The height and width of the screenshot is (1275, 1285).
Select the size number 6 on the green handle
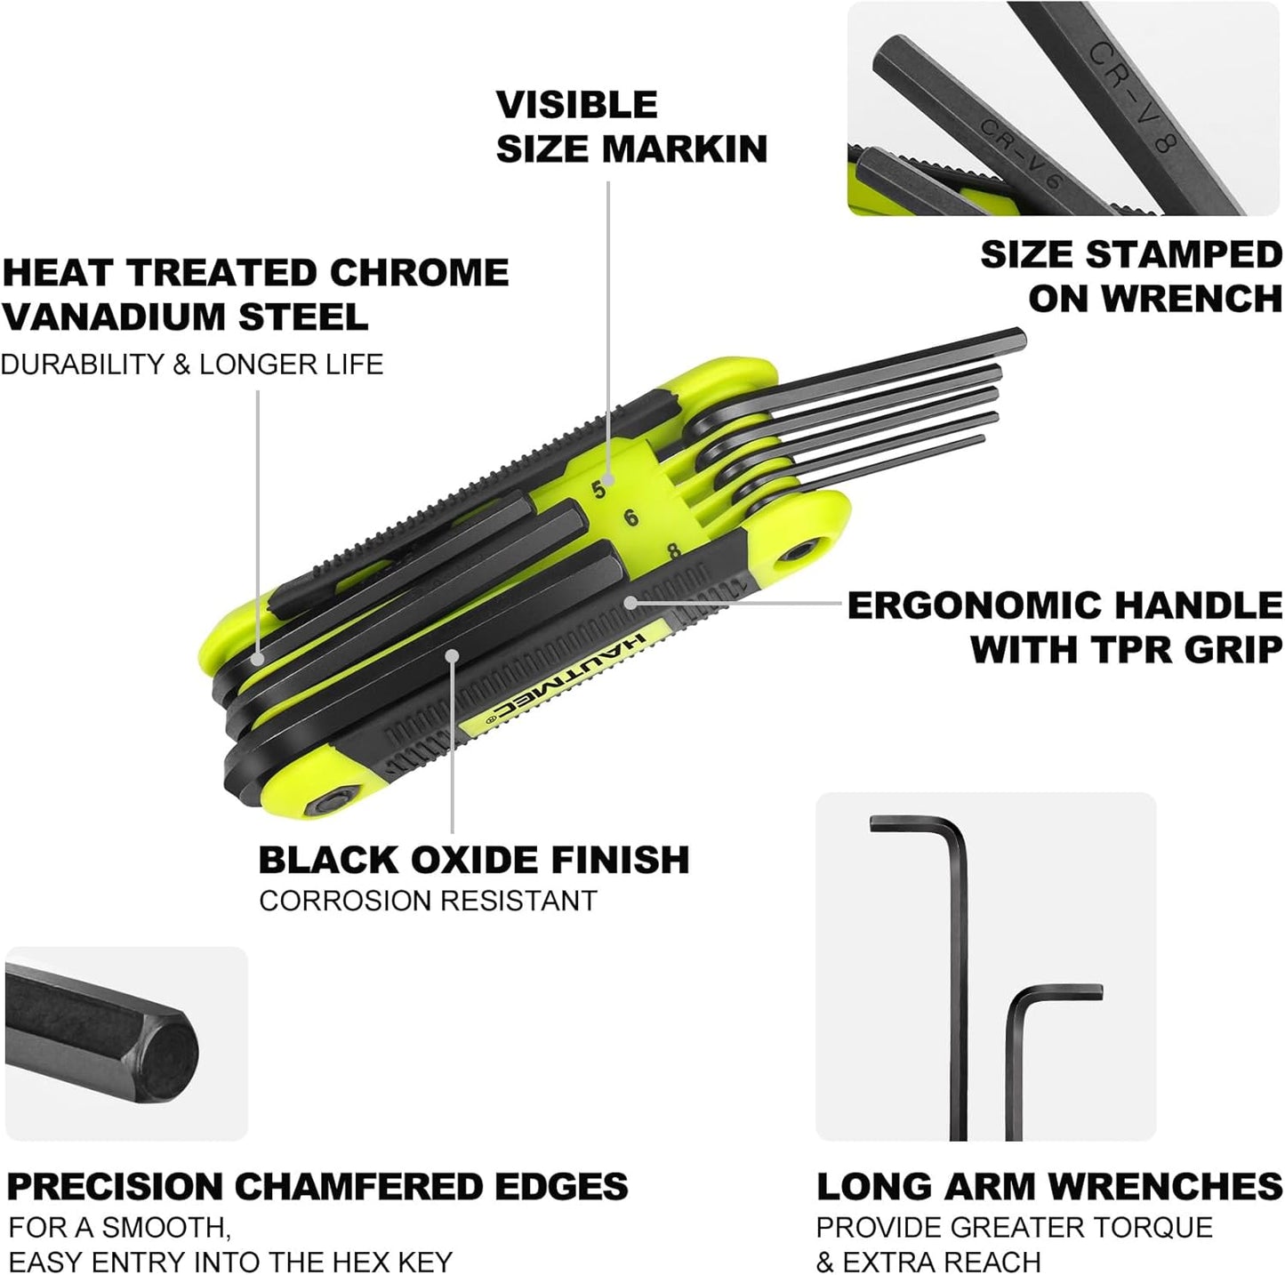[631, 517]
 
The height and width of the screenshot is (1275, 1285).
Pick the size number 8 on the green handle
[673, 551]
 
